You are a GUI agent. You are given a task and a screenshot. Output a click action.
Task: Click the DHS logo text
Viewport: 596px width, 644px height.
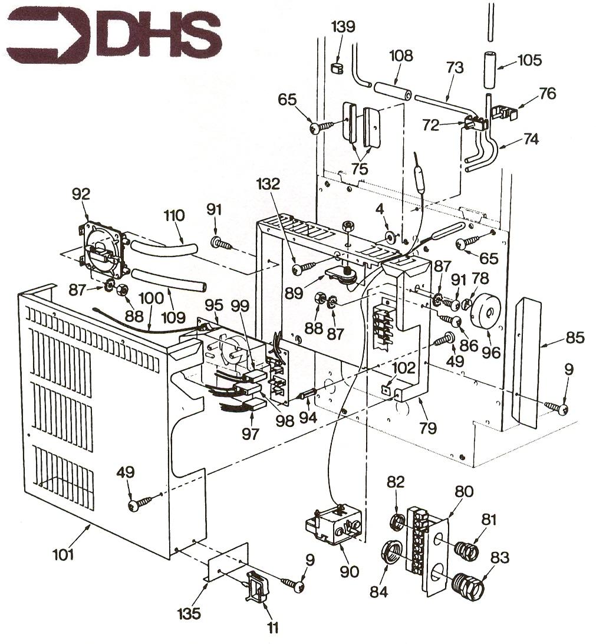[x=162, y=36]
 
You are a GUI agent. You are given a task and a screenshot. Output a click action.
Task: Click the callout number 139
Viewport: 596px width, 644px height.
[x=343, y=27]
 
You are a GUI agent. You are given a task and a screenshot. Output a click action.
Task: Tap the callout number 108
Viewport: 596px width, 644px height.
[x=401, y=56]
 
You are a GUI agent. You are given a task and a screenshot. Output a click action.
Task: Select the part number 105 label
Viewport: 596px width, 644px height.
[x=530, y=60]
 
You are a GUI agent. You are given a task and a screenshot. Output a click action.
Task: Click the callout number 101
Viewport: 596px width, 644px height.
[x=63, y=554]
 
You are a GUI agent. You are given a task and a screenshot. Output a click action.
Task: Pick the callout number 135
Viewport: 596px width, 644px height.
[x=189, y=613]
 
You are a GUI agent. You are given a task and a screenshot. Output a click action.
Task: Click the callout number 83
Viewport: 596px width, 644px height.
[x=499, y=557]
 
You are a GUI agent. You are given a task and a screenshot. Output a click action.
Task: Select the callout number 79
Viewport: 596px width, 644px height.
[x=428, y=428]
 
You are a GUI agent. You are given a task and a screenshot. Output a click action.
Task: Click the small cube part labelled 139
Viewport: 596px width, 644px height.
[x=337, y=68]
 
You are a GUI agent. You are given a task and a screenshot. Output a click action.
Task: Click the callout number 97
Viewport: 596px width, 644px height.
[x=251, y=433]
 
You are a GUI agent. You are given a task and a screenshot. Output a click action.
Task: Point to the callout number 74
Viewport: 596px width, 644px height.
[x=531, y=139]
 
